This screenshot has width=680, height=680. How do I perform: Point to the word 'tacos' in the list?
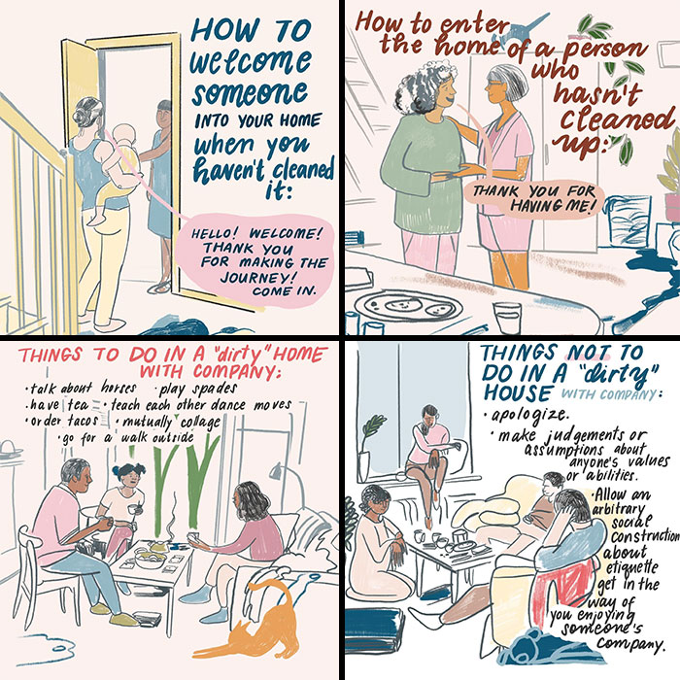(85, 422)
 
